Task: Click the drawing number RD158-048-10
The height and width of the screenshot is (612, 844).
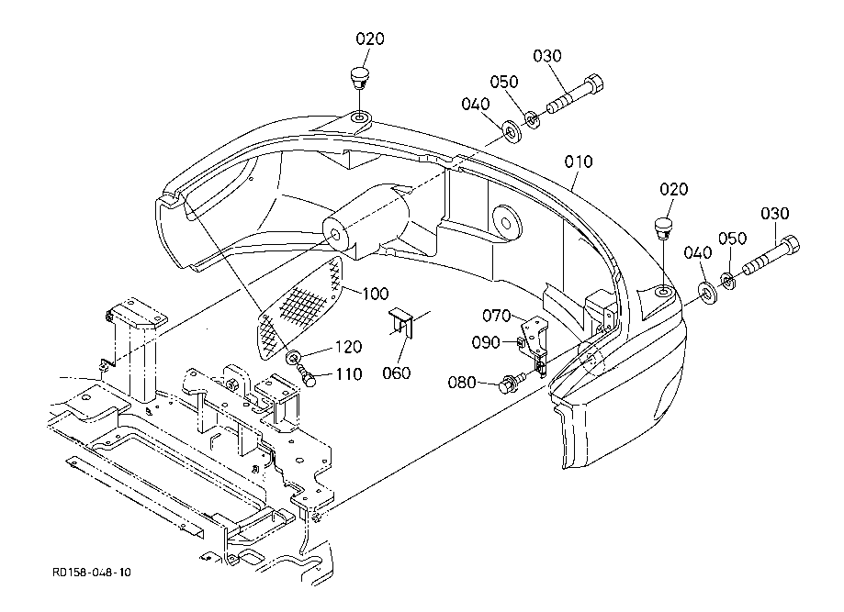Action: click(x=92, y=572)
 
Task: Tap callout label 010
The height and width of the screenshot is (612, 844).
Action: click(x=579, y=161)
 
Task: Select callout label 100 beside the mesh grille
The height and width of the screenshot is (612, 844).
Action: click(x=375, y=294)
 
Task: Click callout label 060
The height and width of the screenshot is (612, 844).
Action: click(x=397, y=373)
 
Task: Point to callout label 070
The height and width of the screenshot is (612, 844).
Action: click(x=496, y=316)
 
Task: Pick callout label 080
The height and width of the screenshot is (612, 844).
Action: click(x=462, y=383)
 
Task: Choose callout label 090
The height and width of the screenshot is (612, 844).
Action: click(x=486, y=342)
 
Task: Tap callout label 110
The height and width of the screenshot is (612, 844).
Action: click(x=349, y=373)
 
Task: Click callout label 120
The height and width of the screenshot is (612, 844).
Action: click(x=349, y=347)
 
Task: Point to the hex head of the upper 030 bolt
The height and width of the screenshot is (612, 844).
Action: click(x=594, y=84)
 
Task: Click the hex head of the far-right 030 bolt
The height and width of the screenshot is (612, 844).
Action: click(x=790, y=245)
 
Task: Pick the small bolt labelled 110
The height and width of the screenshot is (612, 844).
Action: click(x=306, y=375)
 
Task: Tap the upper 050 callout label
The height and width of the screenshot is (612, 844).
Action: click(x=504, y=82)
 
